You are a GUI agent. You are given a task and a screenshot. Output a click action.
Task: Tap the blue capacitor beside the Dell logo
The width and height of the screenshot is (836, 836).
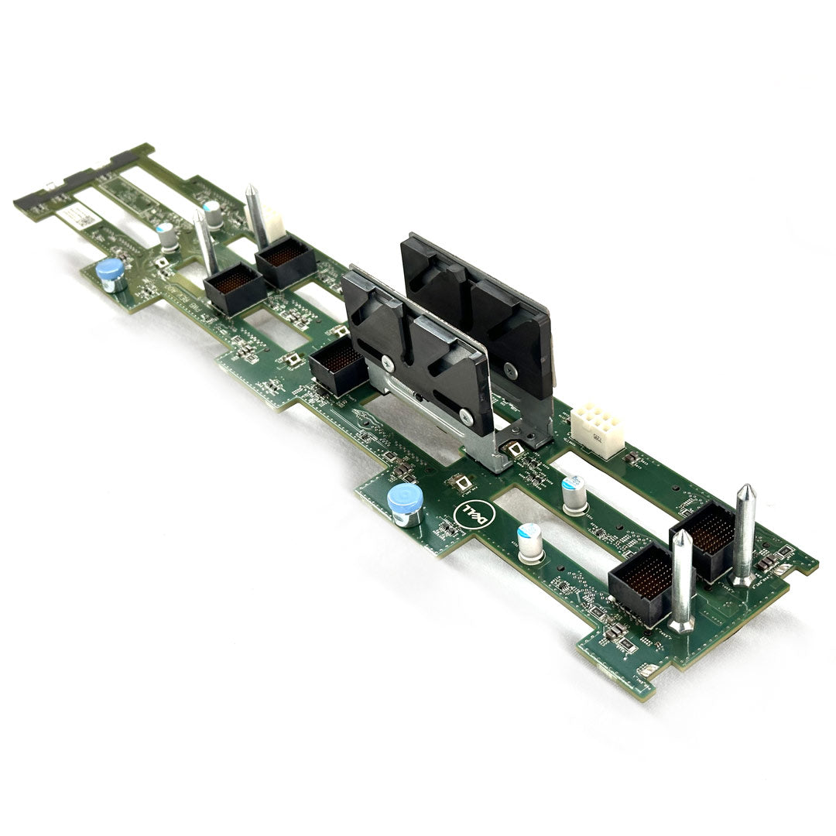pos(406,504)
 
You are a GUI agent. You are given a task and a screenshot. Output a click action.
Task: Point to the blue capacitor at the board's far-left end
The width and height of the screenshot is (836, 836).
pos(110,273)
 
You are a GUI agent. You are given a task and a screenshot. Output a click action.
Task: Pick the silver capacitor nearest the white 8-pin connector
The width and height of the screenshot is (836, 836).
pos(574,495)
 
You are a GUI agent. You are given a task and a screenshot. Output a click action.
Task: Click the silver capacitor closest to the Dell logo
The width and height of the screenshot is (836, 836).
pos(530,542)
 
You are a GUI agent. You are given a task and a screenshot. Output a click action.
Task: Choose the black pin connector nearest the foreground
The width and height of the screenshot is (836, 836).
pos(640,581)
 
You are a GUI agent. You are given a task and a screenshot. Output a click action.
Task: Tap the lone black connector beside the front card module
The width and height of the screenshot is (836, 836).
pos(337,368)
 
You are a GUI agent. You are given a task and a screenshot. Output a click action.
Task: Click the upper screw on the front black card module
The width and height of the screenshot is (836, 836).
pos(385,358)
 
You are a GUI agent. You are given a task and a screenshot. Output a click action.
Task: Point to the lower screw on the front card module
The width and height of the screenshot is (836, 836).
pos(467,416)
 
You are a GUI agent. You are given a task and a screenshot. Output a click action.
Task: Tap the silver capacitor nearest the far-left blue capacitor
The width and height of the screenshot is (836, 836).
pos(166,238)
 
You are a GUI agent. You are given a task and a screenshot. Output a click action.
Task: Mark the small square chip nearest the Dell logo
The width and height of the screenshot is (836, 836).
pos(461,483)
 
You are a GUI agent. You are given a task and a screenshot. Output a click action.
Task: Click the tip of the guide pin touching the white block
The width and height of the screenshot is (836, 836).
pos(251,190)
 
